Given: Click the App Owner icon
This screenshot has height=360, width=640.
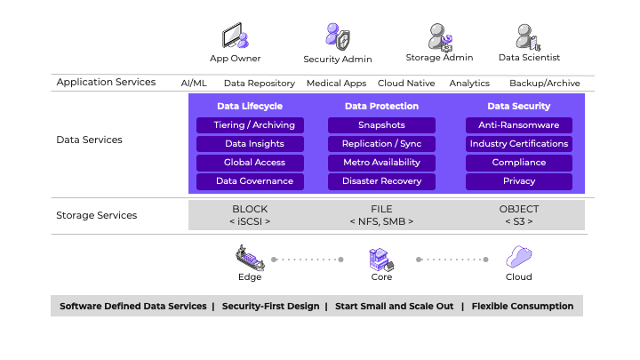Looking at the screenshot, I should [235, 37].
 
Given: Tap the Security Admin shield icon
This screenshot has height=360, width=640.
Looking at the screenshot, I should [338, 37].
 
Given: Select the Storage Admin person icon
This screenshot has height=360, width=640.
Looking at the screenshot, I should [440, 36].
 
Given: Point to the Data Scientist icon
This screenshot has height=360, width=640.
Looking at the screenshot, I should [528, 36].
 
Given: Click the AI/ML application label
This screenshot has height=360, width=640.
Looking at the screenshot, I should [194, 83].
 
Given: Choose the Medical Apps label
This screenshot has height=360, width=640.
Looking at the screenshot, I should [336, 83].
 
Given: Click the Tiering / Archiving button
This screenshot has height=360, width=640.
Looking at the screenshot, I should [250, 125].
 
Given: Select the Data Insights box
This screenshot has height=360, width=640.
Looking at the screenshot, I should [250, 144].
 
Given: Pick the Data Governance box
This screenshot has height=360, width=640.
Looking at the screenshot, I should [250, 181].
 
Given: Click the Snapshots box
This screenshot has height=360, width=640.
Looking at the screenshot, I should [381, 125].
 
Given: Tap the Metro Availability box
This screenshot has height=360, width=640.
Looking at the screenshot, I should [381, 163].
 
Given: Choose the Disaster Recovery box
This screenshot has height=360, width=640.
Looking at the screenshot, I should [381, 181].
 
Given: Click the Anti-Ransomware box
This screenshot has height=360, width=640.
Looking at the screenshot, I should [519, 125].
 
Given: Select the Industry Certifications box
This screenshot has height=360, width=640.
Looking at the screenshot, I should [519, 144].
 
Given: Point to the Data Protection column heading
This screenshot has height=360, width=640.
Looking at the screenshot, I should [381, 106].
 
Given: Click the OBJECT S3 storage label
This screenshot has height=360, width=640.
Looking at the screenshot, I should [519, 214].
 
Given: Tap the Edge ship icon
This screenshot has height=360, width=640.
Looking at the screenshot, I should [250, 258].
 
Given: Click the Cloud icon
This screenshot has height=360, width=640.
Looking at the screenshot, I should [519, 258].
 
